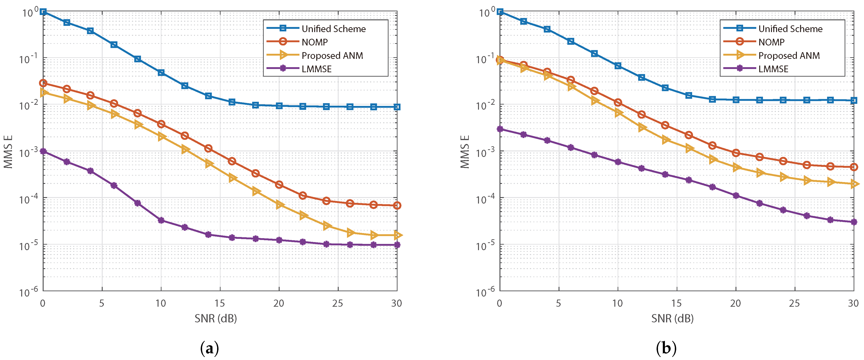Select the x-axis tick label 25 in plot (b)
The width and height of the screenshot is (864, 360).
coord(795,303)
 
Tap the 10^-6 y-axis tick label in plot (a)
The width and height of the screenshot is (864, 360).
coord(29,291)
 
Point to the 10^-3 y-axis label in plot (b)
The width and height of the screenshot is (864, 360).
coord(486,152)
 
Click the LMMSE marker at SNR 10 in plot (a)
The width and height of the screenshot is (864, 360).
coord(161,220)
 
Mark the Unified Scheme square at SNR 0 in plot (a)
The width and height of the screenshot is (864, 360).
coord(43,12)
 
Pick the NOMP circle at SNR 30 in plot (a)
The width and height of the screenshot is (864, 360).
coord(397,205)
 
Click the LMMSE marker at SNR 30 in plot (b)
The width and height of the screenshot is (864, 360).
coord(854,222)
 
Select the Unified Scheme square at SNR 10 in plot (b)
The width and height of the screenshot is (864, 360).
coord(618,66)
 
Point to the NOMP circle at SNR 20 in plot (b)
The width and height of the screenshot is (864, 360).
coord(736,153)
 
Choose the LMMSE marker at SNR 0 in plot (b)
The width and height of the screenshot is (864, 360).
coord(500,129)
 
